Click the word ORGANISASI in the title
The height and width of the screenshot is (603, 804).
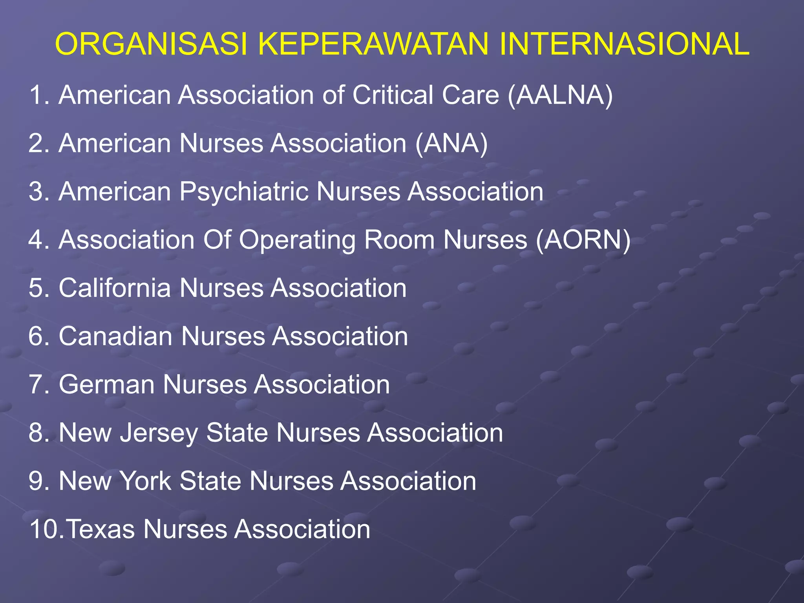152,44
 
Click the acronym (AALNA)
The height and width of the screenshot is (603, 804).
560,95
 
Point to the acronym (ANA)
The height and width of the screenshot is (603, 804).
451,143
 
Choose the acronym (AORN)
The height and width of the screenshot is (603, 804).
583,240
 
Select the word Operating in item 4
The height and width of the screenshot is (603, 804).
297,240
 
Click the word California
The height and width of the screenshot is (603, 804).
115,288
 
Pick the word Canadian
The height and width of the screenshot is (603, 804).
115,336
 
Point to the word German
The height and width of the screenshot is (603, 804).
106,384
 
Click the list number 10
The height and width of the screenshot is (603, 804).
46,529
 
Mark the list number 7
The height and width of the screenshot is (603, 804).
38,384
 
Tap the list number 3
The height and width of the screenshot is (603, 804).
38,192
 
